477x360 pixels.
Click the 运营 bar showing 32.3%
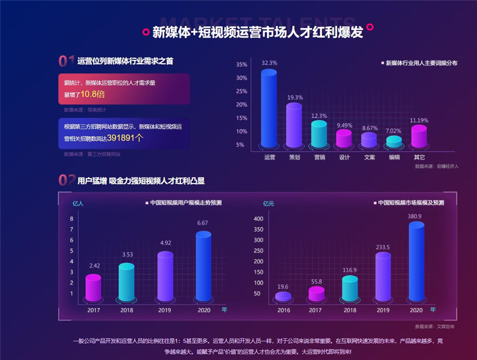[269, 108]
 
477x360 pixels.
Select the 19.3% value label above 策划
[295, 98]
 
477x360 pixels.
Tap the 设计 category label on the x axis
[344, 157]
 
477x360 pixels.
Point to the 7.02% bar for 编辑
[394, 142]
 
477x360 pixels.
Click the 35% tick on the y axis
[242, 65]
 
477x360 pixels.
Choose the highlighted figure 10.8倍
[93, 94]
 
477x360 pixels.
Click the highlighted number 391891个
[125, 137]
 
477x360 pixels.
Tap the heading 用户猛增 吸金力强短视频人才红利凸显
[141, 181]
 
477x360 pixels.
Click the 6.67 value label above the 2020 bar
[202, 223]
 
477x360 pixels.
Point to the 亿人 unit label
[78, 203]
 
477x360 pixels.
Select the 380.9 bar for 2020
[416, 262]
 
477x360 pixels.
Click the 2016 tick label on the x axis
[283, 310]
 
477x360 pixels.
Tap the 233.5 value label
[383, 247]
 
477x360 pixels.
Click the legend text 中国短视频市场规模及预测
[415, 203]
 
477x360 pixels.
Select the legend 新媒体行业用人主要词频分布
[421, 63]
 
